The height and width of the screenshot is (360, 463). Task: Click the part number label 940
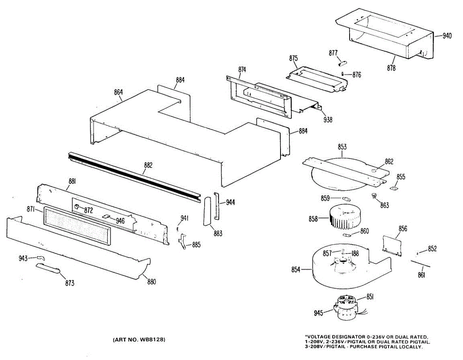[x=447, y=36]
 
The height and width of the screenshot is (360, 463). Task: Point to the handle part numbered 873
[x=49, y=269]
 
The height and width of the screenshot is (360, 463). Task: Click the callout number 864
[x=118, y=93]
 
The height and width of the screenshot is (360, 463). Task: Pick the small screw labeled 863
[x=373, y=196]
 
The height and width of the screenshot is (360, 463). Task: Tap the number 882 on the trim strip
[x=148, y=166]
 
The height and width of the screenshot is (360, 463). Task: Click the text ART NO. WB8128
[x=139, y=340]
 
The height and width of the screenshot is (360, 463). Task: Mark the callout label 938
[x=328, y=120]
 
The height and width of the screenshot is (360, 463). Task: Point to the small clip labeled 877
[x=343, y=63]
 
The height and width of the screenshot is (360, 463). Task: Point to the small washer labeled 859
[x=346, y=199]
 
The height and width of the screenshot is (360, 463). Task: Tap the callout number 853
[x=342, y=147]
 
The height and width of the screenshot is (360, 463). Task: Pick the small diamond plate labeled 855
[x=394, y=188]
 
